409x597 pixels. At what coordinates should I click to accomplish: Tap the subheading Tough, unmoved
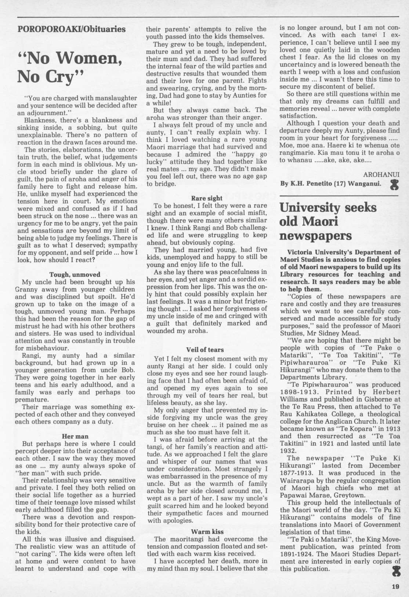[75, 274]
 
